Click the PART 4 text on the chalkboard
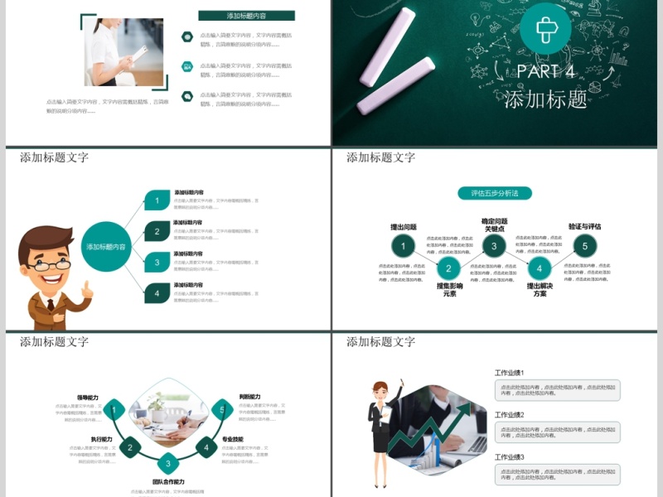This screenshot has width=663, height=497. [x=546, y=71]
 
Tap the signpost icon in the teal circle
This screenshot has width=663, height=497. [x=545, y=30]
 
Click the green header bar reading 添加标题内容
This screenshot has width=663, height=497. [x=246, y=16]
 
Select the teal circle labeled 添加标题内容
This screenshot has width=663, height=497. [x=107, y=247]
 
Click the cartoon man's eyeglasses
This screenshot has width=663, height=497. [x=50, y=265]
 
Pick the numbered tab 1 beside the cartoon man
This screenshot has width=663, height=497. [x=157, y=200]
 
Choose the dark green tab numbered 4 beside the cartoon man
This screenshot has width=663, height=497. [x=157, y=292]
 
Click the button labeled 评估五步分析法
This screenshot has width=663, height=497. [x=495, y=193]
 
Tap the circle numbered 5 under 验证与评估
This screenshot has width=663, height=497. [x=584, y=246]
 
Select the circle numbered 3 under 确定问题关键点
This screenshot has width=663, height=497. [x=494, y=246]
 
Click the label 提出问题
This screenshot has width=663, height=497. [x=404, y=227]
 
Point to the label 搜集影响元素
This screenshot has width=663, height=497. [x=448, y=289]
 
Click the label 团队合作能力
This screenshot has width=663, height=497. [x=168, y=481]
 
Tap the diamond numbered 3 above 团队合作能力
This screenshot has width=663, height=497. [x=168, y=463]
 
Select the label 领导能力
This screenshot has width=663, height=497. [x=88, y=398]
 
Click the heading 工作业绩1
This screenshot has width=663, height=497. [x=510, y=373]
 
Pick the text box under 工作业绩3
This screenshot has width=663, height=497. [x=557, y=474]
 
